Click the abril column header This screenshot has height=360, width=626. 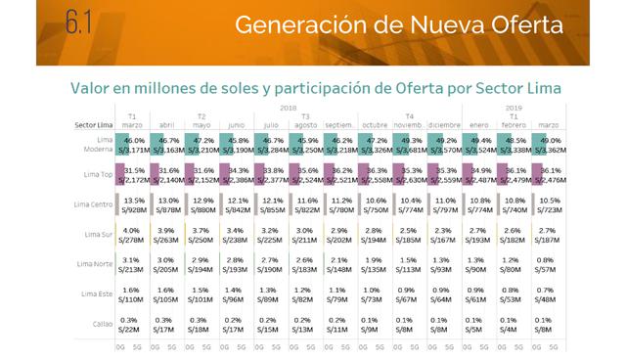pyautogui.click(x=166, y=125)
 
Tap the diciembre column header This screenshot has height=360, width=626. pyautogui.click(x=442, y=125)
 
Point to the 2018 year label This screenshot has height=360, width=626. pyautogui.click(x=288, y=108)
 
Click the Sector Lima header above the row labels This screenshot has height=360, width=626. pyautogui.click(x=95, y=125)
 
